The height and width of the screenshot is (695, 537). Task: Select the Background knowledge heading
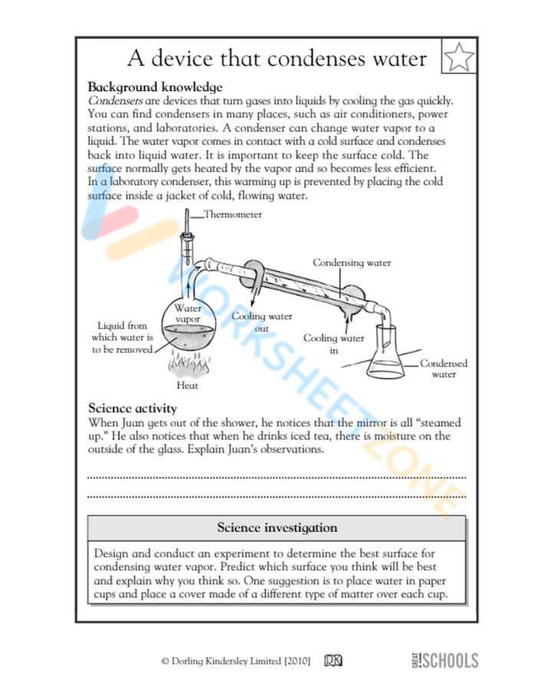(155, 87)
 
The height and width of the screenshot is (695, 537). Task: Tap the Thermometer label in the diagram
(232, 215)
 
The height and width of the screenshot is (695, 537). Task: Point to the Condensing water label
(351, 262)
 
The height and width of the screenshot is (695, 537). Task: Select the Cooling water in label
(333, 344)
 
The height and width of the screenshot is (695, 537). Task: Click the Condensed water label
(443, 369)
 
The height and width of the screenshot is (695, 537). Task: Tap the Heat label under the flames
(187, 385)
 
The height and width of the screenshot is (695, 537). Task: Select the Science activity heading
(133, 407)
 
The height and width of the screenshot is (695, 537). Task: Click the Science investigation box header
(276, 528)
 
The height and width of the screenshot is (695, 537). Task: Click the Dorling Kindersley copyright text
(236, 660)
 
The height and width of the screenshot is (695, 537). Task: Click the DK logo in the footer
(334, 660)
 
